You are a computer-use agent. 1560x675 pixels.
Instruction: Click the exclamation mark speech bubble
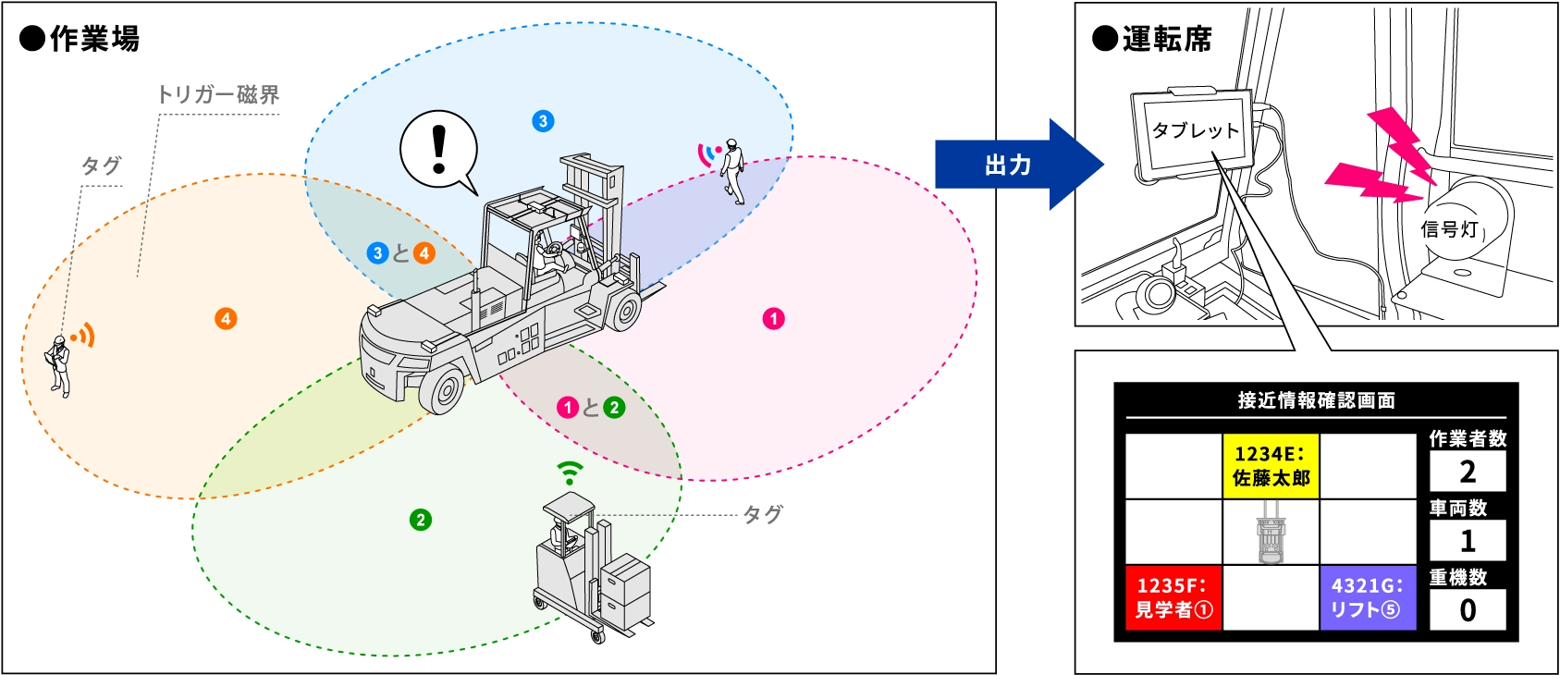(x=438, y=149)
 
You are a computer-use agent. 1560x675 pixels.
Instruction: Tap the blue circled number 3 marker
(x=543, y=121)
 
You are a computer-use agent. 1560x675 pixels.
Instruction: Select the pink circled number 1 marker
(x=774, y=319)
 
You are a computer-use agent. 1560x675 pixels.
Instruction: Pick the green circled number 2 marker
(x=421, y=520)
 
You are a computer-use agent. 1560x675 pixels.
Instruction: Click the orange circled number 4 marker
(x=226, y=319)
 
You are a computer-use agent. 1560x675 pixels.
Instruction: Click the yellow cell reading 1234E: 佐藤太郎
(x=1271, y=466)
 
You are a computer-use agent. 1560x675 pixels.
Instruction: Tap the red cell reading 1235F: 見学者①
(x=1173, y=597)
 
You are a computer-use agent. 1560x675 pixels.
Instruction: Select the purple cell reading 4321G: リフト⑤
(x=1368, y=597)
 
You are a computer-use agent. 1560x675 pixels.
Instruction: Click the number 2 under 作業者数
(x=1468, y=472)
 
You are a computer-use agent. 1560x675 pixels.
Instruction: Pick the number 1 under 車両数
(x=1468, y=541)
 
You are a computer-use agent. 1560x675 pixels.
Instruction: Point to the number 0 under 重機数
(x=1468, y=610)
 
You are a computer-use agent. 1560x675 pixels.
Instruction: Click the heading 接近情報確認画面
(x=1316, y=400)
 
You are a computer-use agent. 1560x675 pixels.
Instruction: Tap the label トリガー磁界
(x=218, y=94)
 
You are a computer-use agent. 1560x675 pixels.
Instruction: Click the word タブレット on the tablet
(x=1195, y=130)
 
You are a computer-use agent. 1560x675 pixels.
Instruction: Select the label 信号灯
(x=1449, y=228)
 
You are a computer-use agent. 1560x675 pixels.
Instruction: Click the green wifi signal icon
(x=571, y=472)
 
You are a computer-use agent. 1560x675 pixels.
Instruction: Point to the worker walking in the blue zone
(x=732, y=171)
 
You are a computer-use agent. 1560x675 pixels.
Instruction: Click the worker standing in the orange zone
(x=59, y=366)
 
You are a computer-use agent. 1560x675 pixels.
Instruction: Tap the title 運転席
(x=1165, y=39)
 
